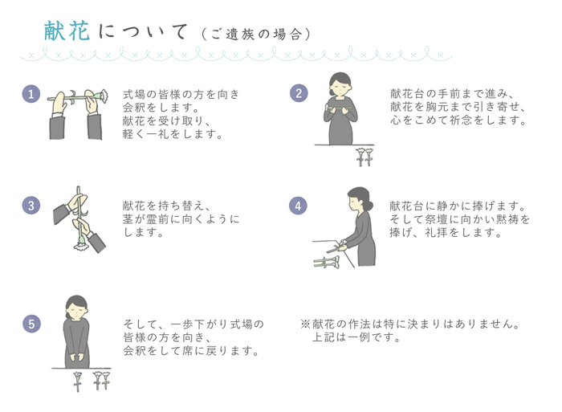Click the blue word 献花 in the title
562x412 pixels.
click(66, 32)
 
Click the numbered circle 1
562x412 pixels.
click(31, 94)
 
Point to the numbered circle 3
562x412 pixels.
click(31, 206)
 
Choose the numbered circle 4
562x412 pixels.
click(298, 206)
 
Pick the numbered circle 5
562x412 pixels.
click(31, 324)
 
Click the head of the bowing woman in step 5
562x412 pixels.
click(76, 307)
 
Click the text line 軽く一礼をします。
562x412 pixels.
click(173, 134)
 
